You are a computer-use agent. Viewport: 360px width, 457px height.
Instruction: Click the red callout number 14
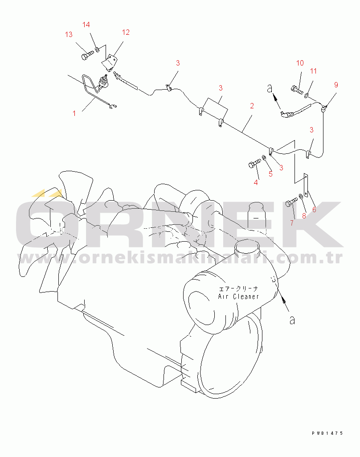pos(86,25)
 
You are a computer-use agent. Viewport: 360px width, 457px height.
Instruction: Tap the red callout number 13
pos(69,35)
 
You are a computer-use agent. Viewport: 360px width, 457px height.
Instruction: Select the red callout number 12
pos(126,33)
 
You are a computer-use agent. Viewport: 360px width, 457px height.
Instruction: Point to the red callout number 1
pos(74,113)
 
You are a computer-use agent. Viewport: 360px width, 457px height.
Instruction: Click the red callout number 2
pos(252,106)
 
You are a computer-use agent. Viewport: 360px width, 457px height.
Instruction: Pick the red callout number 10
pos(300,63)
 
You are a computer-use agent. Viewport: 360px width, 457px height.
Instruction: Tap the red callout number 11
pos(313,71)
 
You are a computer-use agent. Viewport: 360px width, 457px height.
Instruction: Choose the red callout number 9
pos(336,85)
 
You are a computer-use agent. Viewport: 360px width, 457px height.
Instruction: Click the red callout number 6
pos(314,209)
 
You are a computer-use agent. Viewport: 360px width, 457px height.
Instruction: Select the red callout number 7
pos(292,223)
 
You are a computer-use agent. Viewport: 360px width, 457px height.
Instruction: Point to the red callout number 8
pos(304,216)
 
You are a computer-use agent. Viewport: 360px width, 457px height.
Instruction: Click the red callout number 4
pos(256,183)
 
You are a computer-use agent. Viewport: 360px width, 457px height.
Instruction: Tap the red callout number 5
pos(270,174)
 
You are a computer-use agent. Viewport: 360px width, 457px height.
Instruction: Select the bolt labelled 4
pos(255,163)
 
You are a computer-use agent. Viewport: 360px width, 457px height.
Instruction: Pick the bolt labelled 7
pos(291,202)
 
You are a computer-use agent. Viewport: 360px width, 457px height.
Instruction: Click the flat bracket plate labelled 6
pos(306,185)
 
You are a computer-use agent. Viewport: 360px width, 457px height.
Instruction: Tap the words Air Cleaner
pos(238,296)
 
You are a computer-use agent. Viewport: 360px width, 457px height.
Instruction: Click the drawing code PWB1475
pos(327,433)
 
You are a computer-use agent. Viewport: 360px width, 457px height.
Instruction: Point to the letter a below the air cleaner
pos(292,320)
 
